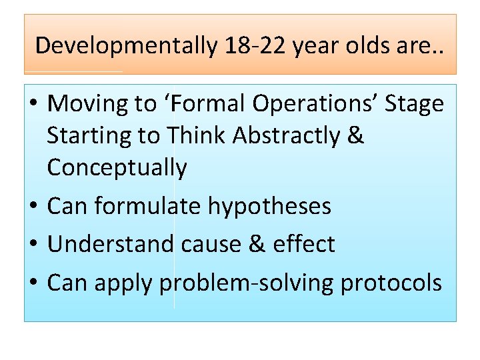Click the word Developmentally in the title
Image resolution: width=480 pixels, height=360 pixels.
coord(125,46)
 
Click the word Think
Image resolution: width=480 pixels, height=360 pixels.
coord(197,136)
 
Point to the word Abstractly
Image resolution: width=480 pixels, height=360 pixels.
coord(288,136)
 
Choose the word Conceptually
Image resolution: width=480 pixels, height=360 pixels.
coord(117,168)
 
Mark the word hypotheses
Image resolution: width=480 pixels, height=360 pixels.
coord(269,207)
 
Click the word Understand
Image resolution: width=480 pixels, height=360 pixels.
coord(111,245)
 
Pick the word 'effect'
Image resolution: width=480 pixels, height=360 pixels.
coord(304,245)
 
